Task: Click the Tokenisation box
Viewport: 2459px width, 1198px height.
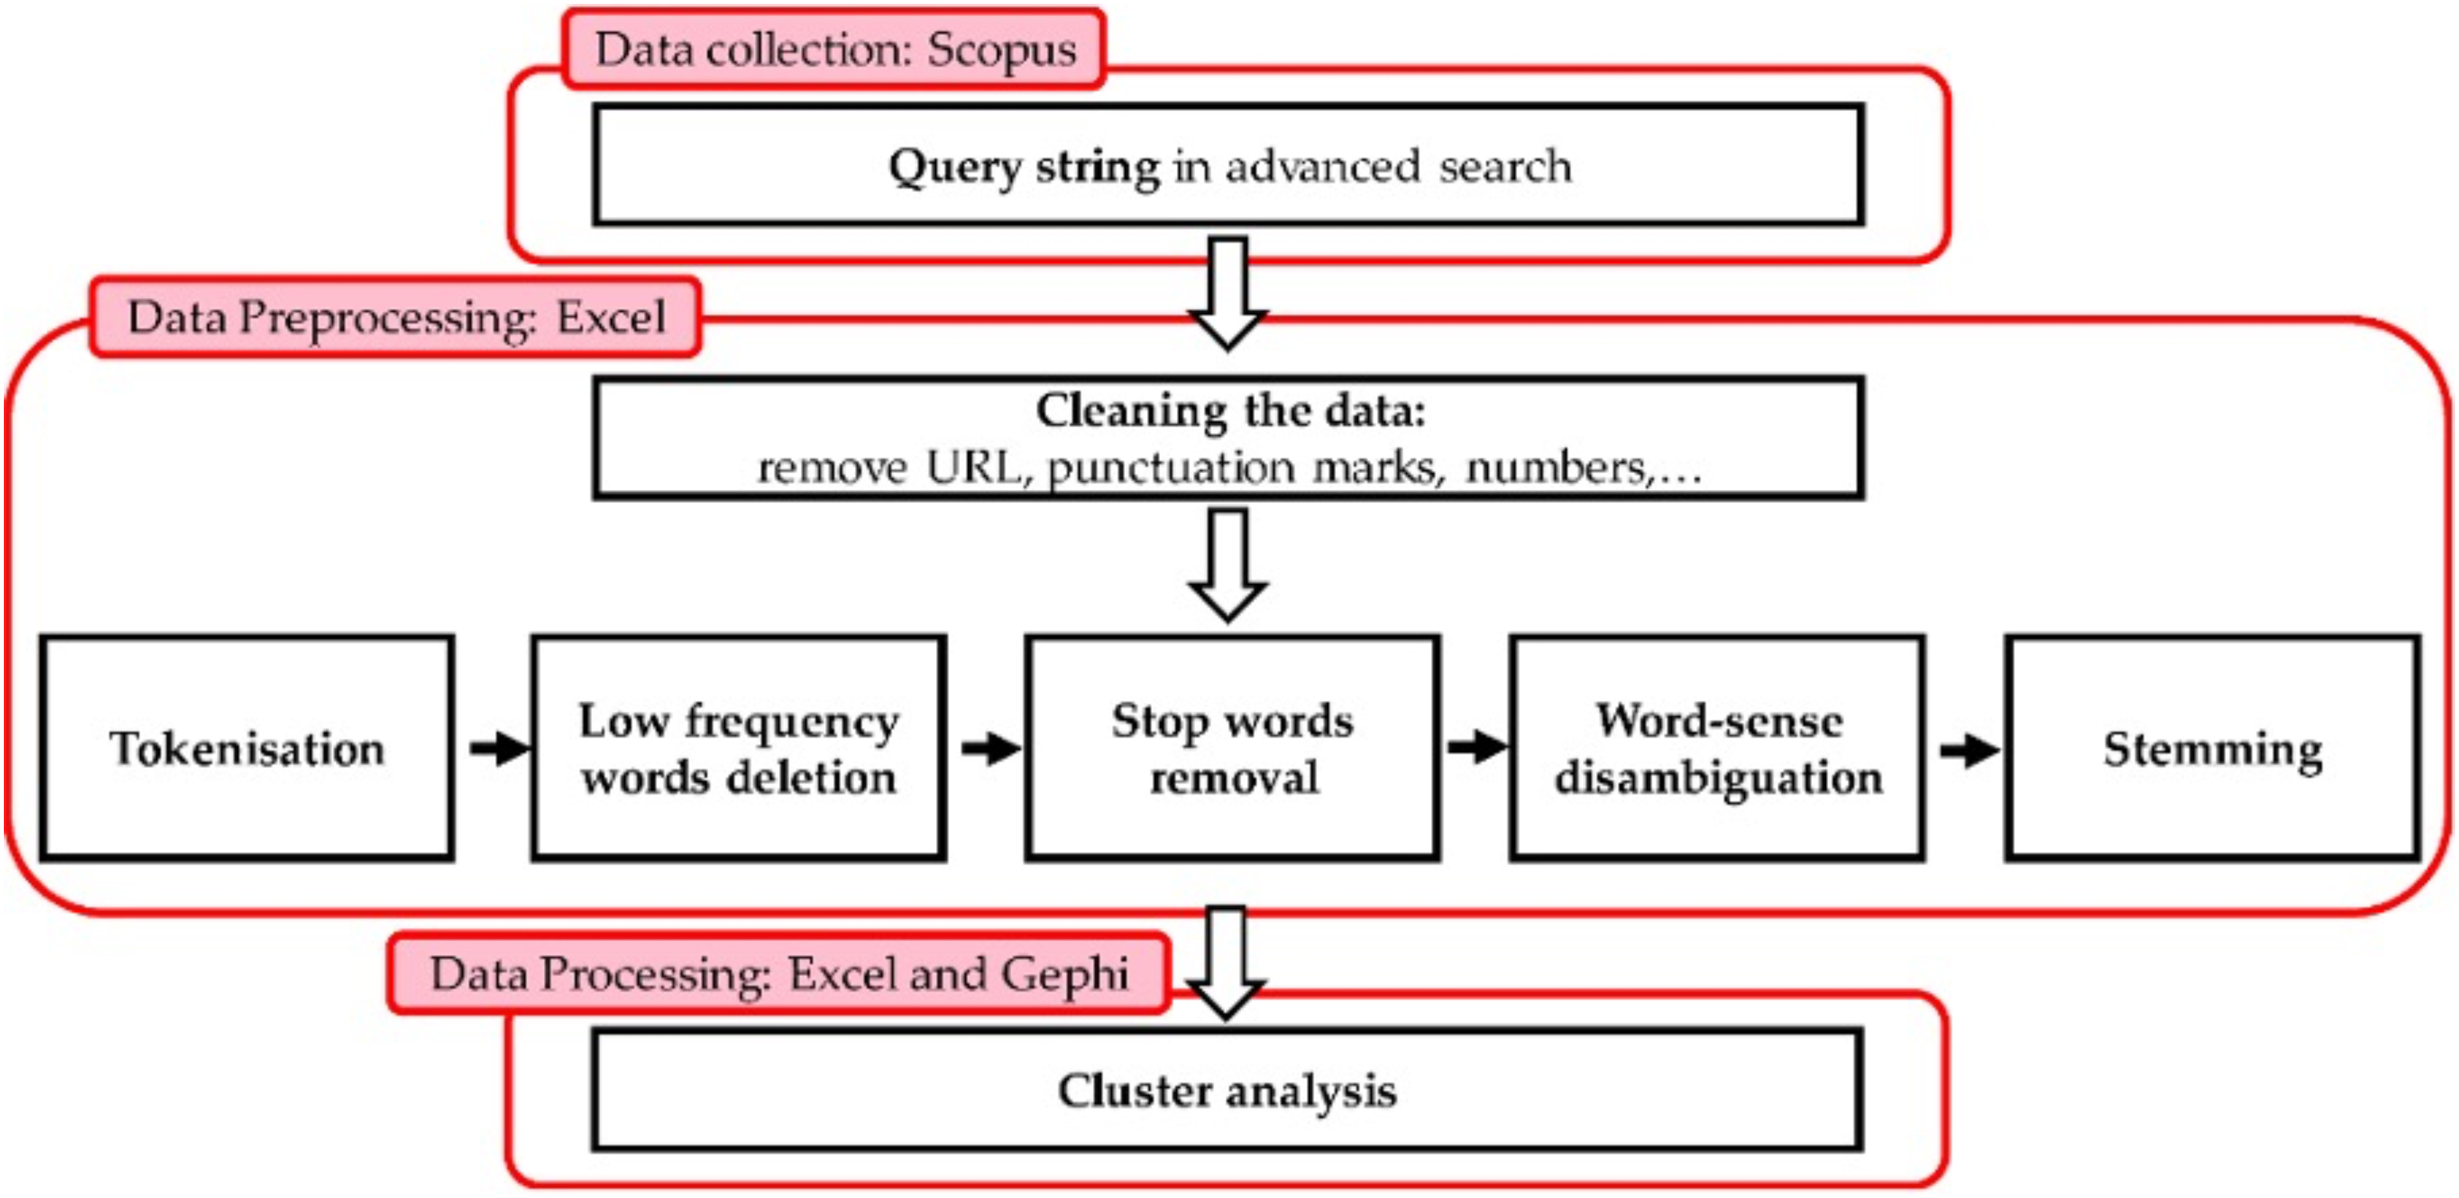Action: [x=246, y=748]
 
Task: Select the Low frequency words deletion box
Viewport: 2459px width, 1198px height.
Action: [x=739, y=748]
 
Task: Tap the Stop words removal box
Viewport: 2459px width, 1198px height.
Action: [x=1232, y=748]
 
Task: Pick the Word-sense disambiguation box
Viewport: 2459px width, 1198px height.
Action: [x=1717, y=748]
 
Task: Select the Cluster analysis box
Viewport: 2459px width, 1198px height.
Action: [x=1228, y=1090]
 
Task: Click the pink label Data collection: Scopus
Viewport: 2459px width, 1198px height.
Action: [x=834, y=49]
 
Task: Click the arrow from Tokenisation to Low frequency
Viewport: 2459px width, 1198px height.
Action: [x=499, y=748]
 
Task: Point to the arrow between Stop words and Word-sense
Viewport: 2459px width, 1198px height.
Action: [x=1476, y=748]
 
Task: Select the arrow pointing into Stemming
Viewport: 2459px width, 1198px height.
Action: [x=1968, y=750]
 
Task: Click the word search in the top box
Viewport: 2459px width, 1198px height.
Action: [x=1505, y=167]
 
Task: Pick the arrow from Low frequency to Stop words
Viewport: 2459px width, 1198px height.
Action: [x=991, y=748]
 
